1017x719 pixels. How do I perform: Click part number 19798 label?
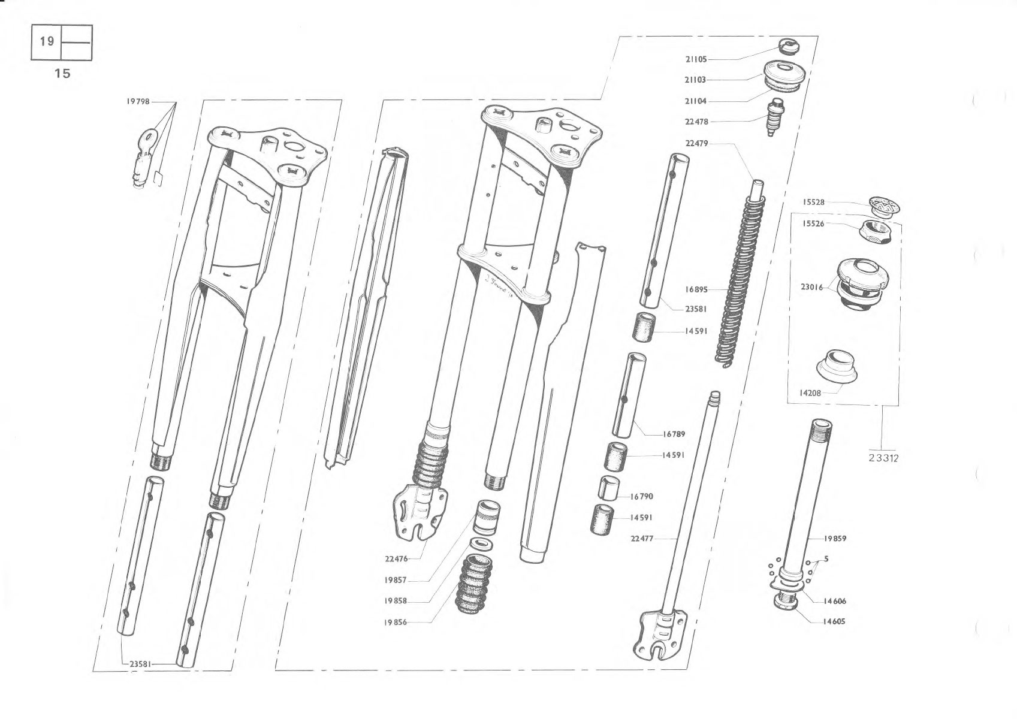click(138, 102)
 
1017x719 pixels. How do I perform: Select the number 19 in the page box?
click(47, 41)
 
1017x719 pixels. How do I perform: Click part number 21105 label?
click(696, 59)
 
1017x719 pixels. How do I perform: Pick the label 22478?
click(696, 122)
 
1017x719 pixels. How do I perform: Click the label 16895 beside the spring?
click(696, 289)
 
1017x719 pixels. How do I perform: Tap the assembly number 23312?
click(883, 458)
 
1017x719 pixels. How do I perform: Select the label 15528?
click(814, 203)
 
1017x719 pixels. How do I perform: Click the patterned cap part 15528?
click(884, 206)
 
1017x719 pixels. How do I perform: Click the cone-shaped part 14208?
click(836, 368)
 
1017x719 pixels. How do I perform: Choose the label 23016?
click(812, 288)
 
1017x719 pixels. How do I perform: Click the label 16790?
click(641, 497)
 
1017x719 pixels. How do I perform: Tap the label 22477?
click(642, 539)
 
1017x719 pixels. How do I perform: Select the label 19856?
click(396, 623)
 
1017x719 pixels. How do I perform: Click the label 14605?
click(834, 621)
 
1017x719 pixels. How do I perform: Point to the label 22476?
click(396, 559)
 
